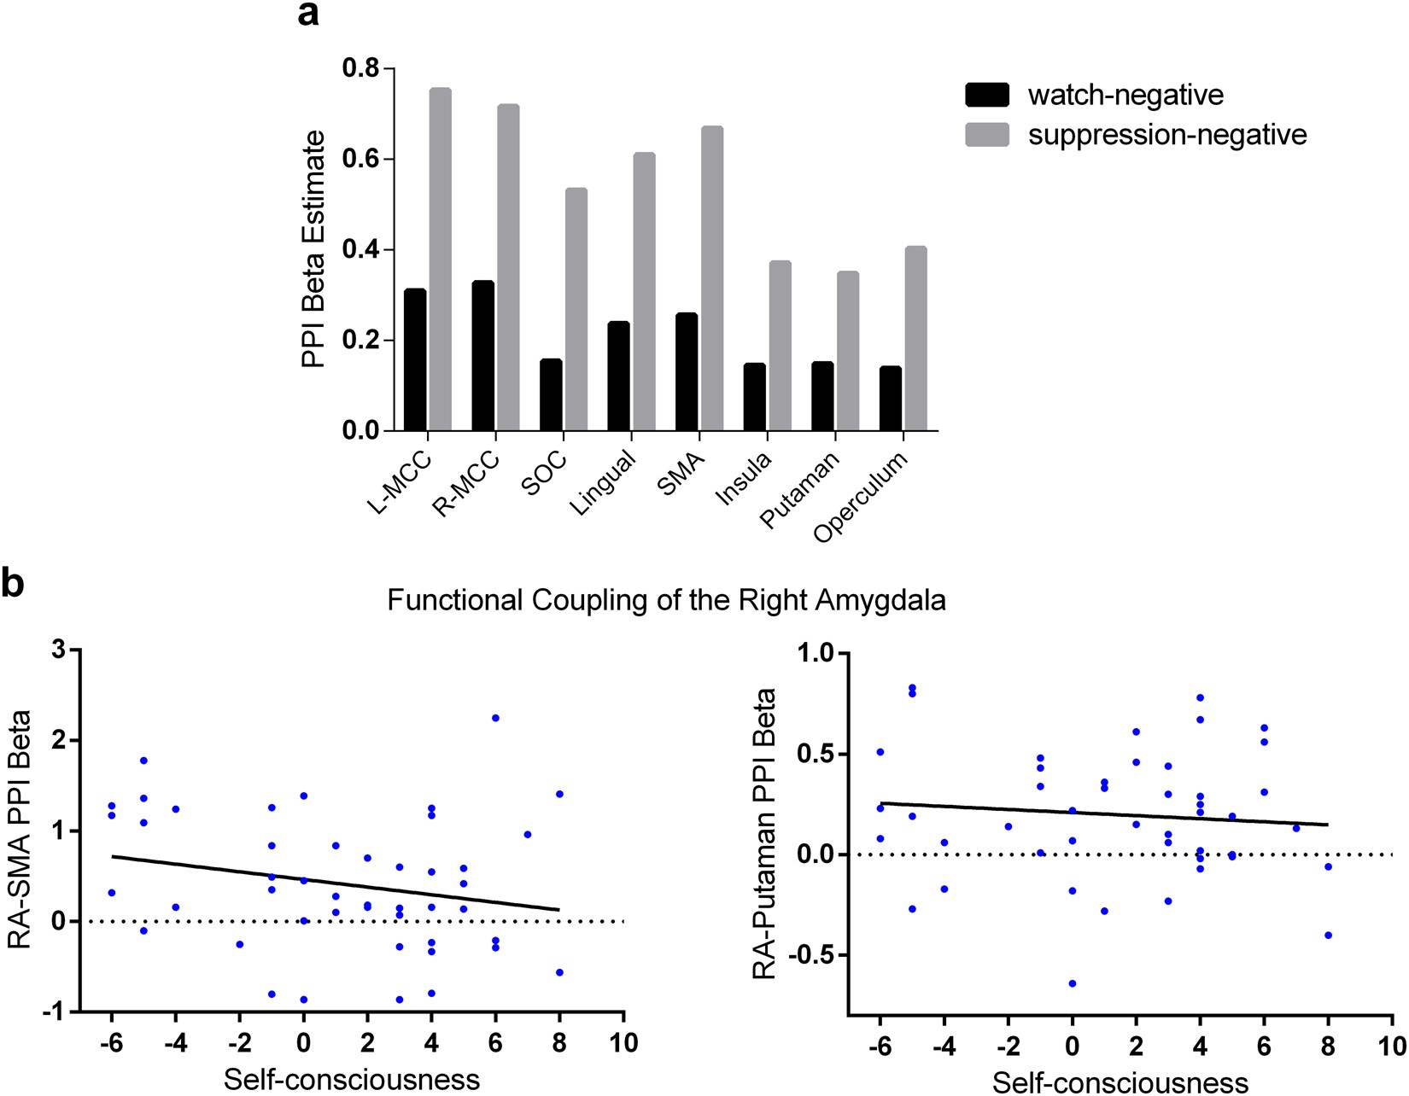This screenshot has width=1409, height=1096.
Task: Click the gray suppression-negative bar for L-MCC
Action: pos(440,259)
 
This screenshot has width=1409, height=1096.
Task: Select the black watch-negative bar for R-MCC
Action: pos(482,356)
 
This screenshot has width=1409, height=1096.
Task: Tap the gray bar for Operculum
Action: pos(915,339)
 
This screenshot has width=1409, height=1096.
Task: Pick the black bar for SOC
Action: pos(551,395)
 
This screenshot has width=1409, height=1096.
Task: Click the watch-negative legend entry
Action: pos(1094,95)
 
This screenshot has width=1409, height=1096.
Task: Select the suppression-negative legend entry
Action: pos(1136,135)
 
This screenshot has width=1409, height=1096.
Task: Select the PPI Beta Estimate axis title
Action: pos(314,249)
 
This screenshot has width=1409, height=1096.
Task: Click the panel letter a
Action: pos(308,15)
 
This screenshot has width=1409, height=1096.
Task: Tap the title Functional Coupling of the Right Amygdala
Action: pos(666,600)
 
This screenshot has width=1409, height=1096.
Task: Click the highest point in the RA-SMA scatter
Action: pos(495,718)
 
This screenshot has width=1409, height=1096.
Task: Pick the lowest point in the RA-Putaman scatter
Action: pos(1073,983)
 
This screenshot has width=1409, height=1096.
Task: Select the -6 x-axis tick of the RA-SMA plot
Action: pos(111,1043)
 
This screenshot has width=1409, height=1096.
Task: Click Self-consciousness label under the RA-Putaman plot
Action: pos(1120,1082)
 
